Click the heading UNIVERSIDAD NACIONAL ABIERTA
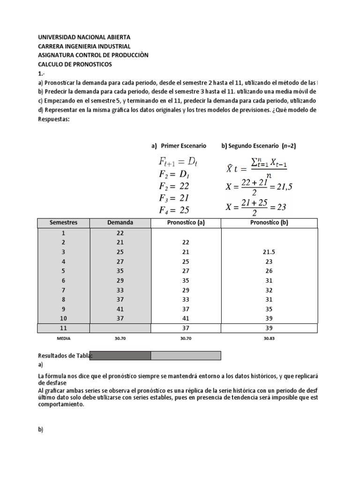click(84, 37)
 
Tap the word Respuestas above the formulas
click(53, 119)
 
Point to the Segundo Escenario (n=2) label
click(258, 146)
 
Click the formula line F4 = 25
click(174, 210)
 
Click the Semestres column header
click(63, 223)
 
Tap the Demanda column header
click(120, 223)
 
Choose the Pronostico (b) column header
click(269, 223)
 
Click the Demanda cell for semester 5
click(120, 270)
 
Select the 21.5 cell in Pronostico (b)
click(269, 252)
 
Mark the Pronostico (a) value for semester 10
click(186, 318)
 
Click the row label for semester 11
click(63, 328)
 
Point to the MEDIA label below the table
click(63, 337)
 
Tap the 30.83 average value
click(269, 337)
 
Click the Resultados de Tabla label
click(64, 356)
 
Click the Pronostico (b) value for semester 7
click(269, 290)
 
